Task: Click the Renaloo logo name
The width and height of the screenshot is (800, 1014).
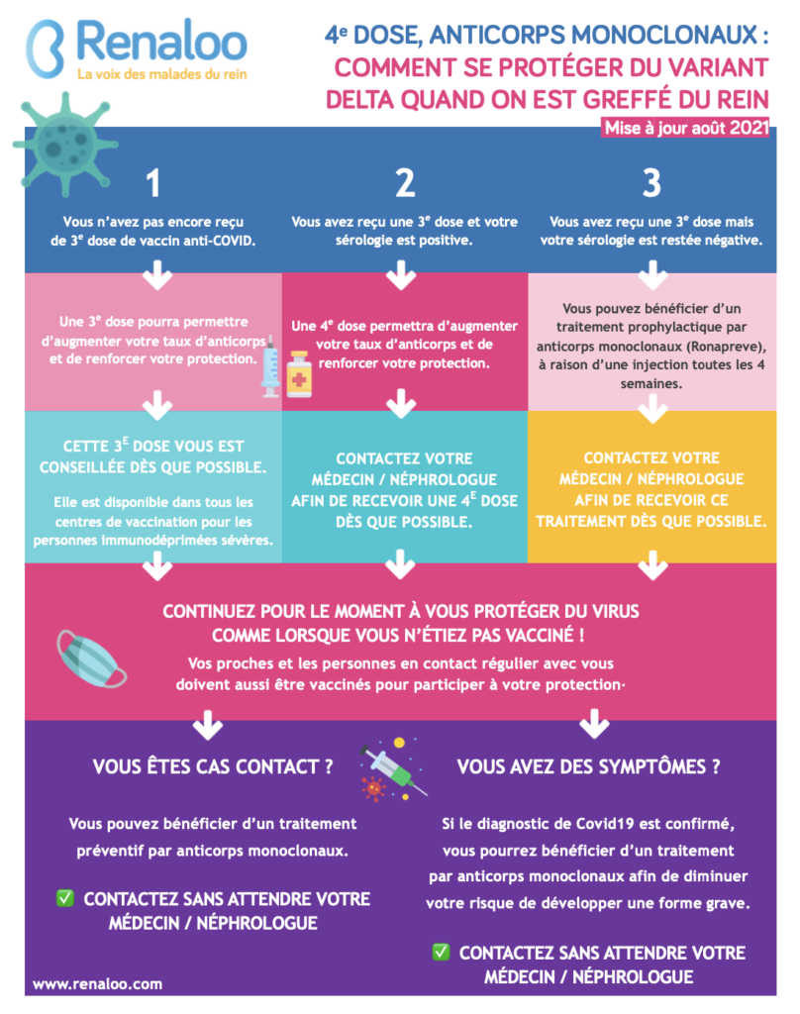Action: pyautogui.click(x=161, y=41)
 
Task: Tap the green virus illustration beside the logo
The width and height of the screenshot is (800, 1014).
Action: pyautogui.click(x=64, y=145)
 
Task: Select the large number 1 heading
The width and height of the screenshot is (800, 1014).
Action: pyautogui.click(x=152, y=183)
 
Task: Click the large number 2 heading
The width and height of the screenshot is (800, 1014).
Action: pyautogui.click(x=405, y=183)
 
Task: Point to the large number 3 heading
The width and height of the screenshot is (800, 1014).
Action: pyautogui.click(x=651, y=183)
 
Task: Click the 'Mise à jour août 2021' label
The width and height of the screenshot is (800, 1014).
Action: pyautogui.click(x=686, y=128)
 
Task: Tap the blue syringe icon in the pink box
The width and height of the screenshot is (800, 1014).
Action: pyautogui.click(x=270, y=366)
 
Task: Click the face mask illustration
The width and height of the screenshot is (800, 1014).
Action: pyautogui.click(x=90, y=659)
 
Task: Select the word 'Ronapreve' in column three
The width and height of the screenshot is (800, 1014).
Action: pyautogui.click(x=728, y=346)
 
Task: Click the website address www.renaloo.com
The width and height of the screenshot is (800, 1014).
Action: pyautogui.click(x=98, y=983)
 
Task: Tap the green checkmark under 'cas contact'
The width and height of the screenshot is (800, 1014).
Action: pyautogui.click(x=65, y=897)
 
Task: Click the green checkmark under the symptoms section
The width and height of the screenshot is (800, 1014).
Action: pyautogui.click(x=441, y=952)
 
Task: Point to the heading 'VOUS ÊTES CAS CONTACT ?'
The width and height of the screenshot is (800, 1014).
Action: pyautogui.click(x=213, y=767)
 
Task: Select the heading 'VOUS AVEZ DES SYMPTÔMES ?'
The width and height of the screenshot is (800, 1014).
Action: pyautogui.click(x=588, y=767)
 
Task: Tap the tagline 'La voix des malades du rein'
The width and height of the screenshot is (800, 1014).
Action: pyautogui.click(x=161, y=74)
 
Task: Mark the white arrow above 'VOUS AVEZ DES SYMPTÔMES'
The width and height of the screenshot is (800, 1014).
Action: pyautogui.click(x=594, y=723)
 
